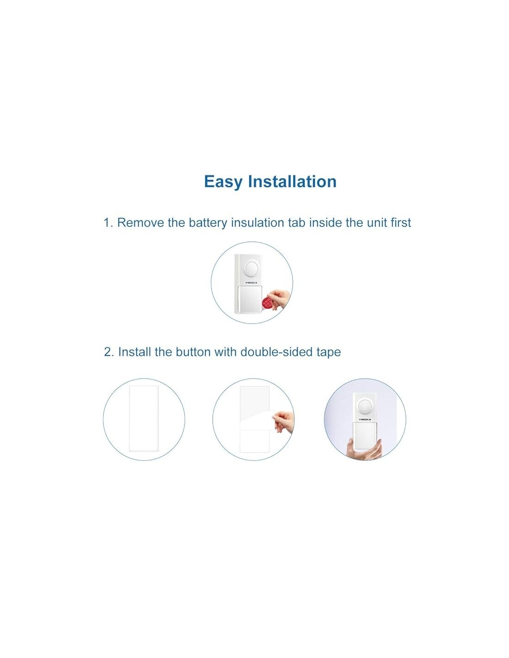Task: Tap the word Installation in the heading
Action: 292,181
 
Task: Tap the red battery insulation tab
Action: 268,302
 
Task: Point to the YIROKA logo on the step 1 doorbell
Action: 251,283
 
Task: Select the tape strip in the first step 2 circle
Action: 143,419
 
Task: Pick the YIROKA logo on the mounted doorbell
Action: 365,419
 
